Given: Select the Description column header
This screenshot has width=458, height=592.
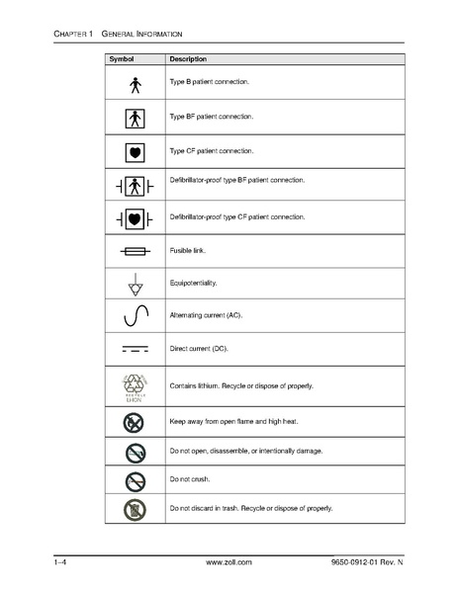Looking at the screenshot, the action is pyautogui.click(x=187, y=60).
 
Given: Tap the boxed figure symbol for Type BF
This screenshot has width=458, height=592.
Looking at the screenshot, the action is pyautogui.click(x=137, y=118).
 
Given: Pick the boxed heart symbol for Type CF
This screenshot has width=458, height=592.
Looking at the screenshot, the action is pyautogui.click(x=137, y=151).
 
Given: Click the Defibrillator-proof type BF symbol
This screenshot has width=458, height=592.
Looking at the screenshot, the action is pyautogui.click(x=137, y=184).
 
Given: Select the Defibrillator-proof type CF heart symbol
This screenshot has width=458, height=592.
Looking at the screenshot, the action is pyautogui.click(x=137, y=217).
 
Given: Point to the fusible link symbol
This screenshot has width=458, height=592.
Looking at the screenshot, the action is pyautogui.click(x=137, y=251).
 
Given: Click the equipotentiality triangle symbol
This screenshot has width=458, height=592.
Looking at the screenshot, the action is pyautogui.click(x=137, y=286).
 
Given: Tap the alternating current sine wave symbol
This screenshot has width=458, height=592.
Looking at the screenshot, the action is pyautogui.click(x=137, y=317).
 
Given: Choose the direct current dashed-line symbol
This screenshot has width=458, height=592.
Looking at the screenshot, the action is pyautogui.click(x=137, y=349).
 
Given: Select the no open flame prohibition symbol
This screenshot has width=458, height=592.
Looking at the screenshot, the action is pyautogui.click(x=137, y=422).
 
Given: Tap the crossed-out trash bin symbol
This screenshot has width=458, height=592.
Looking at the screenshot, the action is pyautogui.click(x=137, y=509).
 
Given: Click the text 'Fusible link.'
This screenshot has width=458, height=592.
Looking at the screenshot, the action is pyautogui.click(x=188, y=250).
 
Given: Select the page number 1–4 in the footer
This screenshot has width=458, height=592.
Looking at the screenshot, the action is pyautogui.click(x=61, y=561).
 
